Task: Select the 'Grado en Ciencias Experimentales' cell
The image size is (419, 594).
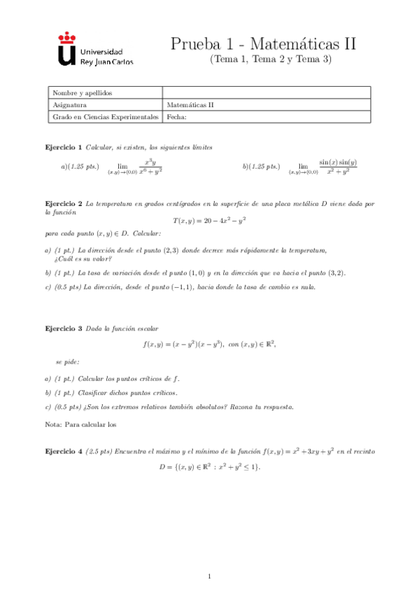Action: (x=106, y=117)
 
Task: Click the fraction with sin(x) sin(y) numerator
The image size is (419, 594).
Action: (x=338, y=167)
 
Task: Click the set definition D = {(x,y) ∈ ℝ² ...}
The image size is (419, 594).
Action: (x=209, y=467)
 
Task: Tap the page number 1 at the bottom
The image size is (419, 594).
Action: (x=209, y=576)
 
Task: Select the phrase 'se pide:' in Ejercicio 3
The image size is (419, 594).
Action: (x=67, y=361)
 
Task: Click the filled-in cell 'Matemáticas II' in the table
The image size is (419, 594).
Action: (x=190, y=105)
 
